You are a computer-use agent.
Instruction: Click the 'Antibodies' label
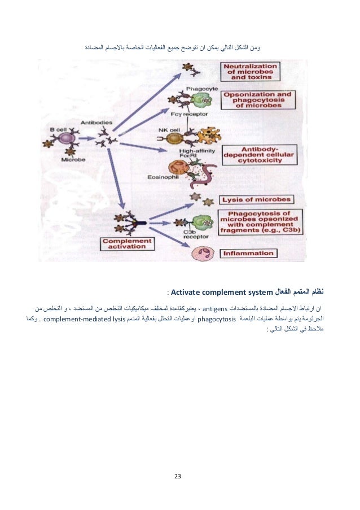(100, 120)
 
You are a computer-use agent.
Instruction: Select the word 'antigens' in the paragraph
(214, 309)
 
